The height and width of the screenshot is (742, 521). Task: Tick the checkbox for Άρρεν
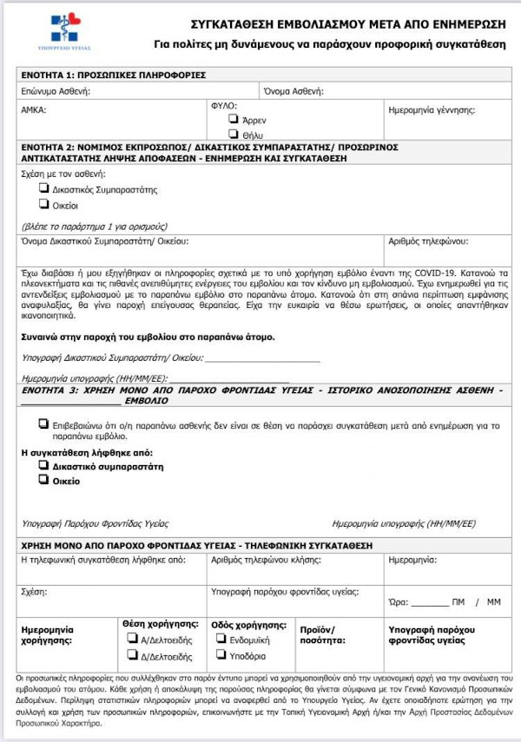[233, 119]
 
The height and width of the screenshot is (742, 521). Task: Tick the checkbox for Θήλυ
[233, 135]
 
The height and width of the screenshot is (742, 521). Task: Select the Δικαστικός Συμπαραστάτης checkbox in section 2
[44, 187]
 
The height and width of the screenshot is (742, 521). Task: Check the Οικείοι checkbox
[44, 205]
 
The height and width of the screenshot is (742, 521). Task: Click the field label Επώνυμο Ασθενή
[55, 90]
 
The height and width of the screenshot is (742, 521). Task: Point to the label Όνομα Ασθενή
[296, 90]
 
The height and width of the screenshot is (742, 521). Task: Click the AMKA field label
[34, 111]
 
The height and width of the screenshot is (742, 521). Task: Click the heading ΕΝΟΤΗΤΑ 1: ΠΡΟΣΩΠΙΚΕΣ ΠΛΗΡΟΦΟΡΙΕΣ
[113, 75]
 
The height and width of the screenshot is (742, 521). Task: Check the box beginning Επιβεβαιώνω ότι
[44, 424]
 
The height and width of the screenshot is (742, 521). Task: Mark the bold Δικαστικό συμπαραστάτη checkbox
[44, 465]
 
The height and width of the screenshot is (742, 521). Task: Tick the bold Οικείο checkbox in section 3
[44, 480]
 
